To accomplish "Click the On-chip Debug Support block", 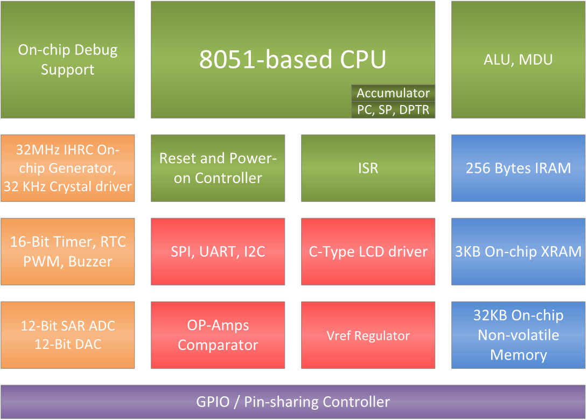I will pos(67,59).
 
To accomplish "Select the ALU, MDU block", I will pos(518,59).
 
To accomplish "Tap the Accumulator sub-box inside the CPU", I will pos(393,93).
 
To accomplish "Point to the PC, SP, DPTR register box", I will pos(393,109).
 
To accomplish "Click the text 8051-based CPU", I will pos(292,59).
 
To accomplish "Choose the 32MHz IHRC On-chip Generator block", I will pos(67,168).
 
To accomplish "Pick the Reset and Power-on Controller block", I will pos(218,168).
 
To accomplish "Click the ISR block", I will pos(368,168).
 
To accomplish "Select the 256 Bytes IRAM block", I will pos(518,168).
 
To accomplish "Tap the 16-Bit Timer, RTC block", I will pos(67,251).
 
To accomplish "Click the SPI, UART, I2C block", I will pos(218,251).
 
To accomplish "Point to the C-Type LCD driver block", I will pos(368,251).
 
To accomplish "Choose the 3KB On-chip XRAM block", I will pos(518,251).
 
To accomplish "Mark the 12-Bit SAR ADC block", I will pos(67,335).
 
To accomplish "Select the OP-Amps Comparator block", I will pos(218,335).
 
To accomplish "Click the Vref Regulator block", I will pos(368,335).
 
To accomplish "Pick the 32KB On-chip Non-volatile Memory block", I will pos(518,335).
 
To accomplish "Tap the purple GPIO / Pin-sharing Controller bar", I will pos(292,402).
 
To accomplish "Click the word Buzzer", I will pos(90,262).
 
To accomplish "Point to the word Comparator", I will pos(218,345).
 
